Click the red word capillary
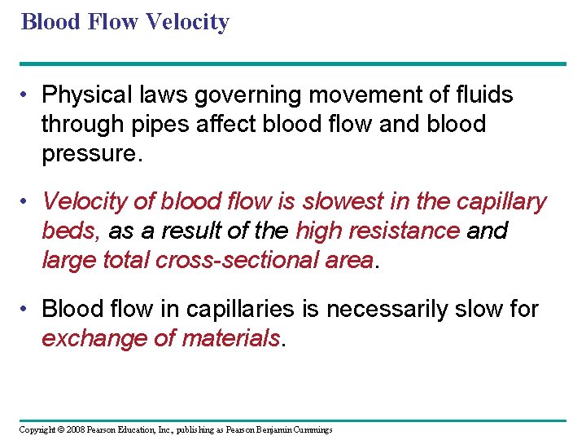(x=503, y=201)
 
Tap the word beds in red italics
(x=69, y=231)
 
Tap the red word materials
(x=230, y=338)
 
